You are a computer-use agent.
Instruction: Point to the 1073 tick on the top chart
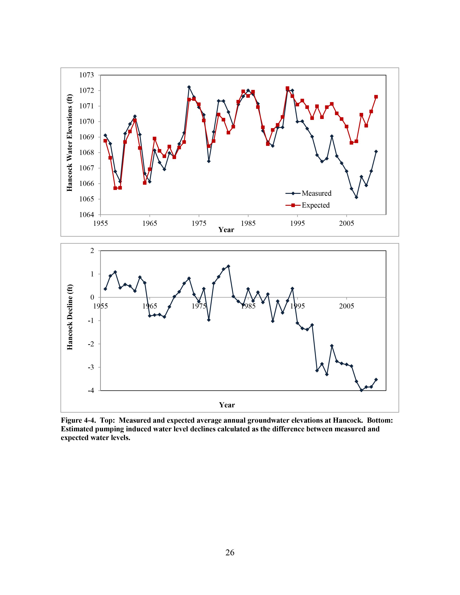(86, 75)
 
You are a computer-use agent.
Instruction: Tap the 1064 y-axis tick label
(86, 215)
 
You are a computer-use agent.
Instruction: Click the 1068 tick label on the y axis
(86, 153)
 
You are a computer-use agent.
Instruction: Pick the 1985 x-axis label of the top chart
(248, 223)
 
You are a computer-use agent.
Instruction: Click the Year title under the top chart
(226, 230)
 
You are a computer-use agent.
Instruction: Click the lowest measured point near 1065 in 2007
(356, 197)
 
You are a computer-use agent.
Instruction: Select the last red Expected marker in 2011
(376, 97)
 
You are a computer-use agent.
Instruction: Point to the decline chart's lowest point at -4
(361, 390)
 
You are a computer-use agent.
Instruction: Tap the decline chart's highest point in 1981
(228, 266)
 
